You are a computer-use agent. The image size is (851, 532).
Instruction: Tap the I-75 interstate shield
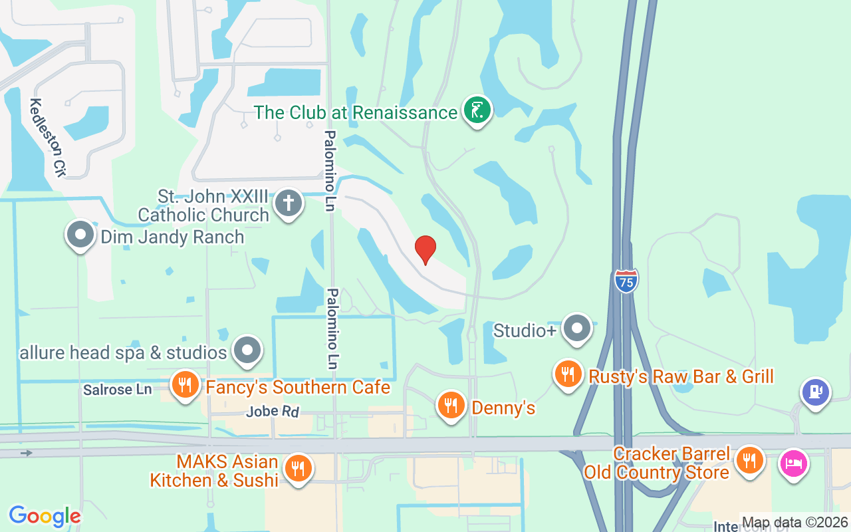[x=626, y=280]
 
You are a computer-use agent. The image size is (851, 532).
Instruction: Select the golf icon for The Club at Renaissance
[x=477, y=110]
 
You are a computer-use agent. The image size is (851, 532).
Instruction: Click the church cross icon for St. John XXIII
[x=288, y=202]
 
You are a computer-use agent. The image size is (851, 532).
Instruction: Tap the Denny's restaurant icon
[x=451, y=406]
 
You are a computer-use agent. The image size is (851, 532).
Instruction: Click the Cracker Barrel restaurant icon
[x=749, y=460]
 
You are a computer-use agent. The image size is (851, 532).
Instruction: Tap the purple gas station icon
[x=816, y=392]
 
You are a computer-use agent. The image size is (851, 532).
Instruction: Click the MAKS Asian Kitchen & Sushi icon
[x=297, y=468]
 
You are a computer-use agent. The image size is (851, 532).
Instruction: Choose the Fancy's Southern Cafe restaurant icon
[x=185, y=384]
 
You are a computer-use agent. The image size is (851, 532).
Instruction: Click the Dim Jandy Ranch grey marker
[x=80, y=235]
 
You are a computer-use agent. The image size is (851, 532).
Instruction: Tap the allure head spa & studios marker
[x=248, y=350]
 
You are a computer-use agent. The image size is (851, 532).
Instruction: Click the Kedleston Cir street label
[x=48, y=138]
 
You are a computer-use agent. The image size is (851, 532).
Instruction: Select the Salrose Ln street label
[x=118, y=390]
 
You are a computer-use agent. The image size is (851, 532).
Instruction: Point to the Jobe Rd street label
[x=273, y=412]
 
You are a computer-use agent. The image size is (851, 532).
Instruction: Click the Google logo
[x=45, y=516]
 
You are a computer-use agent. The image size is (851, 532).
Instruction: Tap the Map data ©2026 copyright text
[x=794, y=523]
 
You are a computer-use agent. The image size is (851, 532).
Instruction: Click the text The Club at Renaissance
[x=356, y=112]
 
